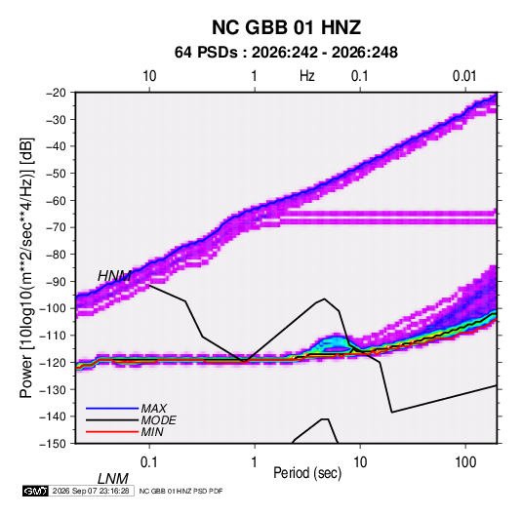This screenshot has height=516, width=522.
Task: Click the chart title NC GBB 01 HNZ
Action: [286, 27]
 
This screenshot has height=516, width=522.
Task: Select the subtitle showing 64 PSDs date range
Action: [286, 53]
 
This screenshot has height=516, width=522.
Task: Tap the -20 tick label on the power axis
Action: [56, 93]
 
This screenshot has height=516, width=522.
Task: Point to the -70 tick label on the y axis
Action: [56, 227]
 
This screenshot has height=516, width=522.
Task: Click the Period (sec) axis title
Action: [307, 473]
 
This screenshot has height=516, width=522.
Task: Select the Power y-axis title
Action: [26, 268]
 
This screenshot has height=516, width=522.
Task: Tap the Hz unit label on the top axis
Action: [307, 76]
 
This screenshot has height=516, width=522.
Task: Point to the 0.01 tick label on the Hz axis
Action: [464, 76]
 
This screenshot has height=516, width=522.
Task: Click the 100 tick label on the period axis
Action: [465, 462]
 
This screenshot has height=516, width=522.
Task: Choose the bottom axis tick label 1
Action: [255, 462]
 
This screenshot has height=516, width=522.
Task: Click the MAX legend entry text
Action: [153, 408]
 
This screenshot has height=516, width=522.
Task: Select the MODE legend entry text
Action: [158, 420]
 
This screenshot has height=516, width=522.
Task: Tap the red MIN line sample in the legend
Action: [112, 432]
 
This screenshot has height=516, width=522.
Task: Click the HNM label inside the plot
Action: [114, 276]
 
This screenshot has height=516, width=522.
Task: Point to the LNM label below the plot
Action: [113, 479]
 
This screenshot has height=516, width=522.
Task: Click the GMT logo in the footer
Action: [36, 491]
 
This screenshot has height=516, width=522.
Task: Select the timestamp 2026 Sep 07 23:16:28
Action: [91, 491]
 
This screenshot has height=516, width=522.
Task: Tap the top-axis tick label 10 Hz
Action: [149, 76]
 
